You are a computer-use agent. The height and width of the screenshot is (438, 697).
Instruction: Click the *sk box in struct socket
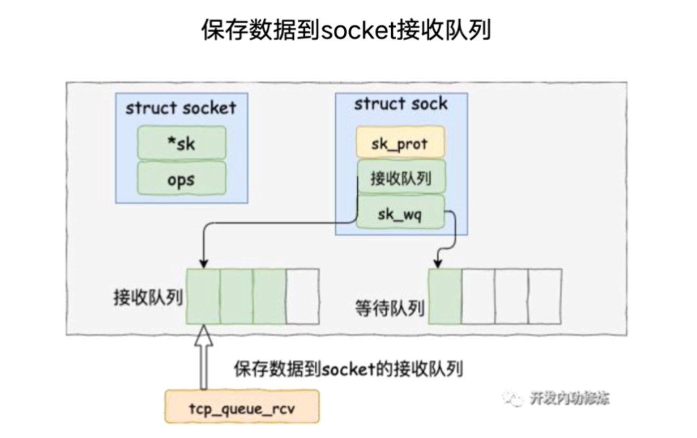coord(182,143)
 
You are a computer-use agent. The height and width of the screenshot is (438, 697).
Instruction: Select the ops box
coord(182,180)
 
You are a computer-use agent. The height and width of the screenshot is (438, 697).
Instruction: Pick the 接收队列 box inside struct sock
coord(400,178)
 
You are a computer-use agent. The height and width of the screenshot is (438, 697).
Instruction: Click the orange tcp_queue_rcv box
coord(242,406)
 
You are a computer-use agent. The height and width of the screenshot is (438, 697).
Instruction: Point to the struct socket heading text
coord(181,108)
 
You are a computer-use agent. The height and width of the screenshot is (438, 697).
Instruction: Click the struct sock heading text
coord(400,104)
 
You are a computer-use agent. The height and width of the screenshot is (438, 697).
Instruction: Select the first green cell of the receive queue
coord(203,296)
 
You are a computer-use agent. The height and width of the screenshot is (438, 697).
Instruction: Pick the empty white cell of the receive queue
coord(303,296)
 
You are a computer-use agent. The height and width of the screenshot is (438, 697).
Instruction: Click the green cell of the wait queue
coord(445,296)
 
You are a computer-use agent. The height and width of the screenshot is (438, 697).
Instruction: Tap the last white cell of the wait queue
coord(545,296)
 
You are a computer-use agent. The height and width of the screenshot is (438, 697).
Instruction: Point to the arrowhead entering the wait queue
coord(437,263)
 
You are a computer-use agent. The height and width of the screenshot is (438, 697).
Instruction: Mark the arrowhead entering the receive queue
coord(203,263)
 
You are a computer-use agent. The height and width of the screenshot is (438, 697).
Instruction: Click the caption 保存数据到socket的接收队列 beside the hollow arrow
coord(349,369)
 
